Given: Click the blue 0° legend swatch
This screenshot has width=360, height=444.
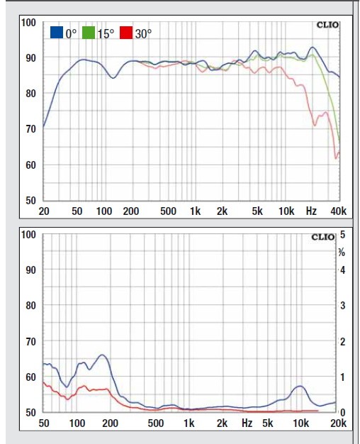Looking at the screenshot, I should point(57,33).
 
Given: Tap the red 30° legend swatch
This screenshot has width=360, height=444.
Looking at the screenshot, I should point(126,33).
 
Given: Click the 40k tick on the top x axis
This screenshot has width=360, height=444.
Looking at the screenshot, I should point(338,211).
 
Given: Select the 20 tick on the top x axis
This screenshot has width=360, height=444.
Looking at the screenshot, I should point(44,211).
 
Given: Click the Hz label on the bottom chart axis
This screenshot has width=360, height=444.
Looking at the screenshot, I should point(247,423).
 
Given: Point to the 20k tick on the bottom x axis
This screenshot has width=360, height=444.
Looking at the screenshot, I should point(338,423).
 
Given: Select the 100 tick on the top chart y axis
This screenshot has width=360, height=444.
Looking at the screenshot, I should point(28,22).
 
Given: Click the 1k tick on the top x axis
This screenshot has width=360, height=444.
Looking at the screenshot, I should point(195,211).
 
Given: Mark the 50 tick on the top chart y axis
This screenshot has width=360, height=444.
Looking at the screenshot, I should point(30,201).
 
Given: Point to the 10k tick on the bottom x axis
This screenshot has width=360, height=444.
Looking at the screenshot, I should point(301,423).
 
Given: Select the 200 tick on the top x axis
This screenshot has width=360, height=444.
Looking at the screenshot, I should point(130,211).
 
